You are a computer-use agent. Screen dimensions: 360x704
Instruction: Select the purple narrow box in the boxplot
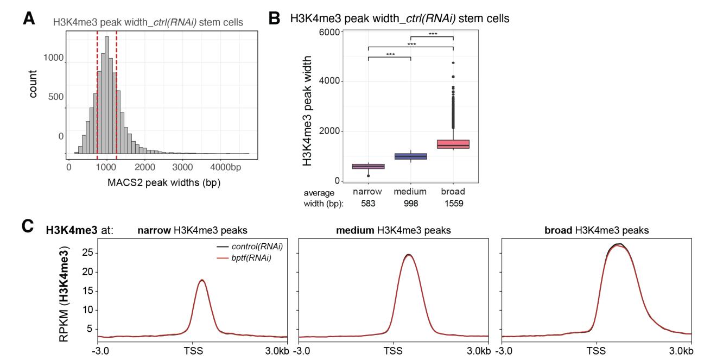pos(369,166)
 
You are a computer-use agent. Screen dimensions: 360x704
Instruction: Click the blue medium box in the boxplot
pos(411,156)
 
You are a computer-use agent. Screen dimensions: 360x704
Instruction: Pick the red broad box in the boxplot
pos(453,144)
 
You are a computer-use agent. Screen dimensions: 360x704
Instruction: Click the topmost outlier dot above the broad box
pos(453,63)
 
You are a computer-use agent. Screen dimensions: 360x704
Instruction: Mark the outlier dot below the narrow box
pos(369,176)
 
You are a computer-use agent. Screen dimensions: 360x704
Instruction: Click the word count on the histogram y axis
pos(34,87)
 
